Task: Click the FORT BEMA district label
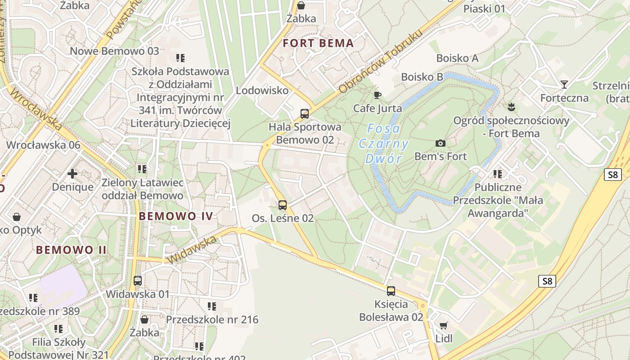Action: pos(318,44)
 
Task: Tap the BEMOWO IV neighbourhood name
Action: pos(175,216)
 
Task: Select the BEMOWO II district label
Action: pos(71,250)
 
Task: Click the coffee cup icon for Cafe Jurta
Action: pos(377,95)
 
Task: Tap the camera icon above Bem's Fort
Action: pos(441,144)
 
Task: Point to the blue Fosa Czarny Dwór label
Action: pos(383,144)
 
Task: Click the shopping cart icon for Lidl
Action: pos(444,325)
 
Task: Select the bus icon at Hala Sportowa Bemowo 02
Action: pos(305,113)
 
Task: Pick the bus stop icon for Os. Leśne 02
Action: pos(283,205)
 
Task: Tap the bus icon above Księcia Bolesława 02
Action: pos(391,291)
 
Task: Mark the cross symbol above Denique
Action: pos(72,173)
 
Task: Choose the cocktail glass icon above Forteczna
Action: pos(564,84)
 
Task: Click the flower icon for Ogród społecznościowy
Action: pos(511,107)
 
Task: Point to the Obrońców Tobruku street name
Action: pos(381,62)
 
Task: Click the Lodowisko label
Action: pos(262,90)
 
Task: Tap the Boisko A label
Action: pos(457,58)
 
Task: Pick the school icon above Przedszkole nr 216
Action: pos(212,306)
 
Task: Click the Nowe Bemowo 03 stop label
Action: pos(114,51)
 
